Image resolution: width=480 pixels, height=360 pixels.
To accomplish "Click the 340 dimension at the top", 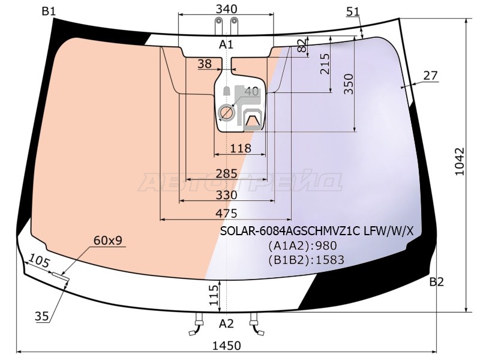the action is tap(226, 9).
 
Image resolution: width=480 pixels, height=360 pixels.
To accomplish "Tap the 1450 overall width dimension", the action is tap(227, 346).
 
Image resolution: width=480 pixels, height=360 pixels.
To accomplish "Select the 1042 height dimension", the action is tap(460, 161).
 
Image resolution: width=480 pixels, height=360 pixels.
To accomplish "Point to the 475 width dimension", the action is tap(226, 213).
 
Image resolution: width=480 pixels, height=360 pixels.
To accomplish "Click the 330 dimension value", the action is tap(226, 195).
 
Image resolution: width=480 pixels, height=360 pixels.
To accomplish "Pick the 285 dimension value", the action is tap(226, 173).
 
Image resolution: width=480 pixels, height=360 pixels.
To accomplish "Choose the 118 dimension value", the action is tap(241, 148).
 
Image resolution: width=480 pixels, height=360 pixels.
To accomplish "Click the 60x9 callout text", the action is tap(108, 241).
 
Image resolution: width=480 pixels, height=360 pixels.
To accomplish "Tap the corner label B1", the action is tap(49, 11).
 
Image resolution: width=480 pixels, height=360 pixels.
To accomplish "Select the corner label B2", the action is tap(437, 281).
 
